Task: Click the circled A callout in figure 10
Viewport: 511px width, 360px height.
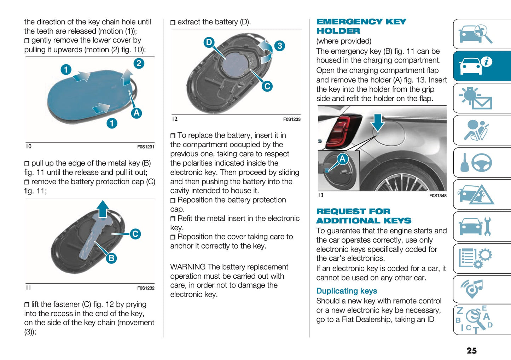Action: [x=137, y=113]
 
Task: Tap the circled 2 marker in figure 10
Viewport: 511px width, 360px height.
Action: [x=139, y=63]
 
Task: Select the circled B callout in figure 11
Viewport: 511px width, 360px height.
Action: [x=111, y=258]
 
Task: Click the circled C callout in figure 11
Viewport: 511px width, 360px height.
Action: [x=135, y=234]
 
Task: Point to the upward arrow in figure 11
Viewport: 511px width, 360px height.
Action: [x=103, y=208]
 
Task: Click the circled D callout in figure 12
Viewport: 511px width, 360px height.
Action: [x=209, y=42]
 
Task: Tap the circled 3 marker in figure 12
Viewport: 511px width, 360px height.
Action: [x=280, y=46]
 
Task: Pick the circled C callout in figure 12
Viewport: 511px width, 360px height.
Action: [x=267, y=86]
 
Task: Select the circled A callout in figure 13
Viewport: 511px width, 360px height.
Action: [x=342, y=159]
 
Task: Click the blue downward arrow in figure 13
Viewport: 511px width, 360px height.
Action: [x=378, y=122]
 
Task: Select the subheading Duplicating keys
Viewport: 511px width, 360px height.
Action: [x=346, y=291]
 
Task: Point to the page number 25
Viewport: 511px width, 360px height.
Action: [x=471, y=350]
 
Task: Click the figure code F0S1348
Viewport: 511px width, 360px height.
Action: [x=437, y=196]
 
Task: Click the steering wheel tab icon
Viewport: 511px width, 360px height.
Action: [x=481, y=163]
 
